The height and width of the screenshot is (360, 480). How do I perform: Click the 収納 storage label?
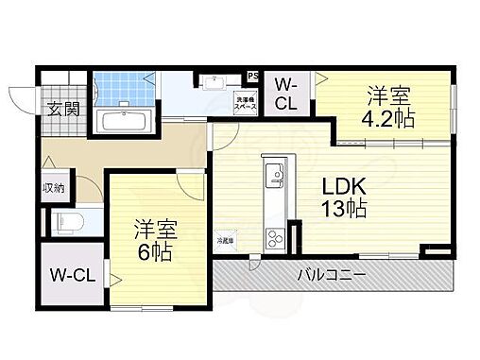point(53,188)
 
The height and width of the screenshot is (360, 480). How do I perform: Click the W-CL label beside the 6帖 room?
point(69,277)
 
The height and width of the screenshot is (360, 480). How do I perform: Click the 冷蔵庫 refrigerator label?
point(227,241)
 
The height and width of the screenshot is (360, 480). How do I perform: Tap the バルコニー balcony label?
point(332,276)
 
